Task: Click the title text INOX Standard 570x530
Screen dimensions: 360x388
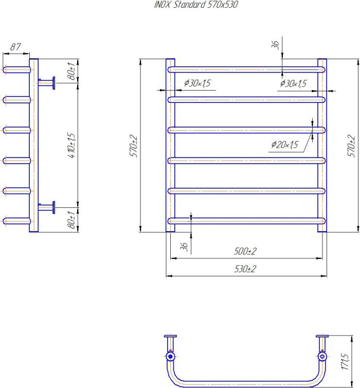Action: pos(196,5)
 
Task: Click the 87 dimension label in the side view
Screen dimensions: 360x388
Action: pos(15,47)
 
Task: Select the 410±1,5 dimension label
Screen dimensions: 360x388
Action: pos(71,146)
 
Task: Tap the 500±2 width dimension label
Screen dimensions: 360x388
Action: pos(245,251)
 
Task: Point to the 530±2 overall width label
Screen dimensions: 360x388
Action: pos(245,269)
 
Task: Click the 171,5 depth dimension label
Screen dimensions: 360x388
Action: pos(345,361)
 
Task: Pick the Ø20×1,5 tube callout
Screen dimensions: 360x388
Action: pos(284,145)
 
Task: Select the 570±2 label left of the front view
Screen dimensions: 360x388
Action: pos(134,146)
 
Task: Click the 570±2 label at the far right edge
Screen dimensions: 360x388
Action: pos(351,146)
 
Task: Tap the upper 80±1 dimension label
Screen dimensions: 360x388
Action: pos(71,71)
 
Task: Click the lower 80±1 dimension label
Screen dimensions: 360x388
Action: pos(71,220)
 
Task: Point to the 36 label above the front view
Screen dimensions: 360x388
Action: pos(275,45)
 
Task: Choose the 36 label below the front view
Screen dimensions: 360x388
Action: pos(184,246)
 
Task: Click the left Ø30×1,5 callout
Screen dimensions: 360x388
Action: pos(197,83)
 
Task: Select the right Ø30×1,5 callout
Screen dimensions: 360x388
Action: pos(293,84)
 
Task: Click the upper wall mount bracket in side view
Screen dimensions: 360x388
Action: pos(47,83)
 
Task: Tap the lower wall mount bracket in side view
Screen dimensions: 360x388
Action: pos(47,207)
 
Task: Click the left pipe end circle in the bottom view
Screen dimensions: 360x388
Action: pos(170,357)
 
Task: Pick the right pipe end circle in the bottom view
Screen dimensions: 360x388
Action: pos(322,357)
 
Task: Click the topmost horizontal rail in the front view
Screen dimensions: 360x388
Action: pos(246,69)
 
